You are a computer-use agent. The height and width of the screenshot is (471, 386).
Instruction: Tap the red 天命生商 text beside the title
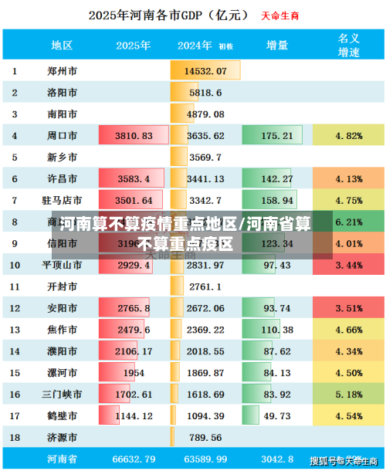[x=279, y=15]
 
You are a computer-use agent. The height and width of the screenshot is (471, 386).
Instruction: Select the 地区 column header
[x=62, y=45]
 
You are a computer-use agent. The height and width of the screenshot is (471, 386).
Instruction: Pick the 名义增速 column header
[x=349, y=45]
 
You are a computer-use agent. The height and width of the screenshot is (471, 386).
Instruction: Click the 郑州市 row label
[x=62, y=71]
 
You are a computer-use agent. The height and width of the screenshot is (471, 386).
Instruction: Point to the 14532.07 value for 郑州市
[x=205, y=71]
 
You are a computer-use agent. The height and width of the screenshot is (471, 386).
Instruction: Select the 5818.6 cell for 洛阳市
[x=205, y=93]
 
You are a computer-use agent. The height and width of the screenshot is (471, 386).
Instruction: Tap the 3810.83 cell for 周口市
[x=134, y=136]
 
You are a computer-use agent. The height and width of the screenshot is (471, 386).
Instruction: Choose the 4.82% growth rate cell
[x=349, y=136]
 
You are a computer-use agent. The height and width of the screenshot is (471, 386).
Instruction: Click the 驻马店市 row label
[x=62, y=200]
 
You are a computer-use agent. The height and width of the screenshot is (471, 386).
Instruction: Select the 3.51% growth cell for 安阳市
[x=349, y=308]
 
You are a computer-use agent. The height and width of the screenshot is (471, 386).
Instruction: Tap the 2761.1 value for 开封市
[x=205, y=286]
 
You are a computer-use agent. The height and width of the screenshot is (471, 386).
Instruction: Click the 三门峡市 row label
[x=62, y=394]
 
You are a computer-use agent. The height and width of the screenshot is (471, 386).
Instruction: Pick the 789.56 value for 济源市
[x=205, y=437]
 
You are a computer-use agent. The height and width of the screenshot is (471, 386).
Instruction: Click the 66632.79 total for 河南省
[x=134, y=459]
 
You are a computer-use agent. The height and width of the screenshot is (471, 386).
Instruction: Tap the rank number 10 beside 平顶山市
[x=15, y=265]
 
